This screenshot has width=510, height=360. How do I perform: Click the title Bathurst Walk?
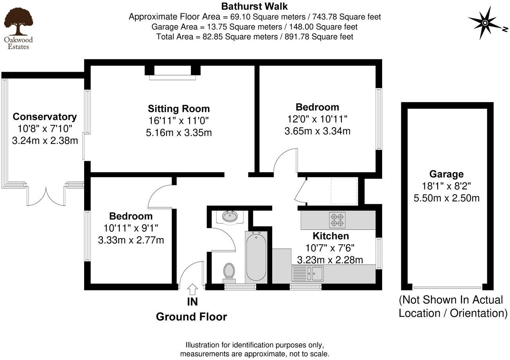tap(255, 6)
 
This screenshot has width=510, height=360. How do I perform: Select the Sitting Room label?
tap(179, 108)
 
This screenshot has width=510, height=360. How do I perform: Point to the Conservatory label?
tap(45, 117)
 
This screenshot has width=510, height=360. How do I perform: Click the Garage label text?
tap(446, 174)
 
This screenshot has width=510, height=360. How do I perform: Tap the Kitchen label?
tap(330, 236)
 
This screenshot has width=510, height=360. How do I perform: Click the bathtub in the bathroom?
tap(256, 256)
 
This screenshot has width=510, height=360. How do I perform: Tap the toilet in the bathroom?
tap(229, 271)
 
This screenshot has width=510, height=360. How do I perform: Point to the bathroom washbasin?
tap(230, 216)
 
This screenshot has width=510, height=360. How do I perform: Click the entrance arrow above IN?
tap(192, 290)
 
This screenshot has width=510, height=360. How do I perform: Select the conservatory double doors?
tap(46, 196)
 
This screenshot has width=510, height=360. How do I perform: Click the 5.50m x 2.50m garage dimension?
tap(446, 198)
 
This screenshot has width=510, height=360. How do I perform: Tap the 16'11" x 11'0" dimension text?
tap(179, 121)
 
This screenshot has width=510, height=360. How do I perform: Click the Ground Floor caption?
tap(191, 317)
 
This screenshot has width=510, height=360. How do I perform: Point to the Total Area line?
tap(255, 37)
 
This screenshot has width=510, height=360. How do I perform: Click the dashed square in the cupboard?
tap(344, 191)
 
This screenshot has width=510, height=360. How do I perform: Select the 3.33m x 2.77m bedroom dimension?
tap(131, 239)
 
